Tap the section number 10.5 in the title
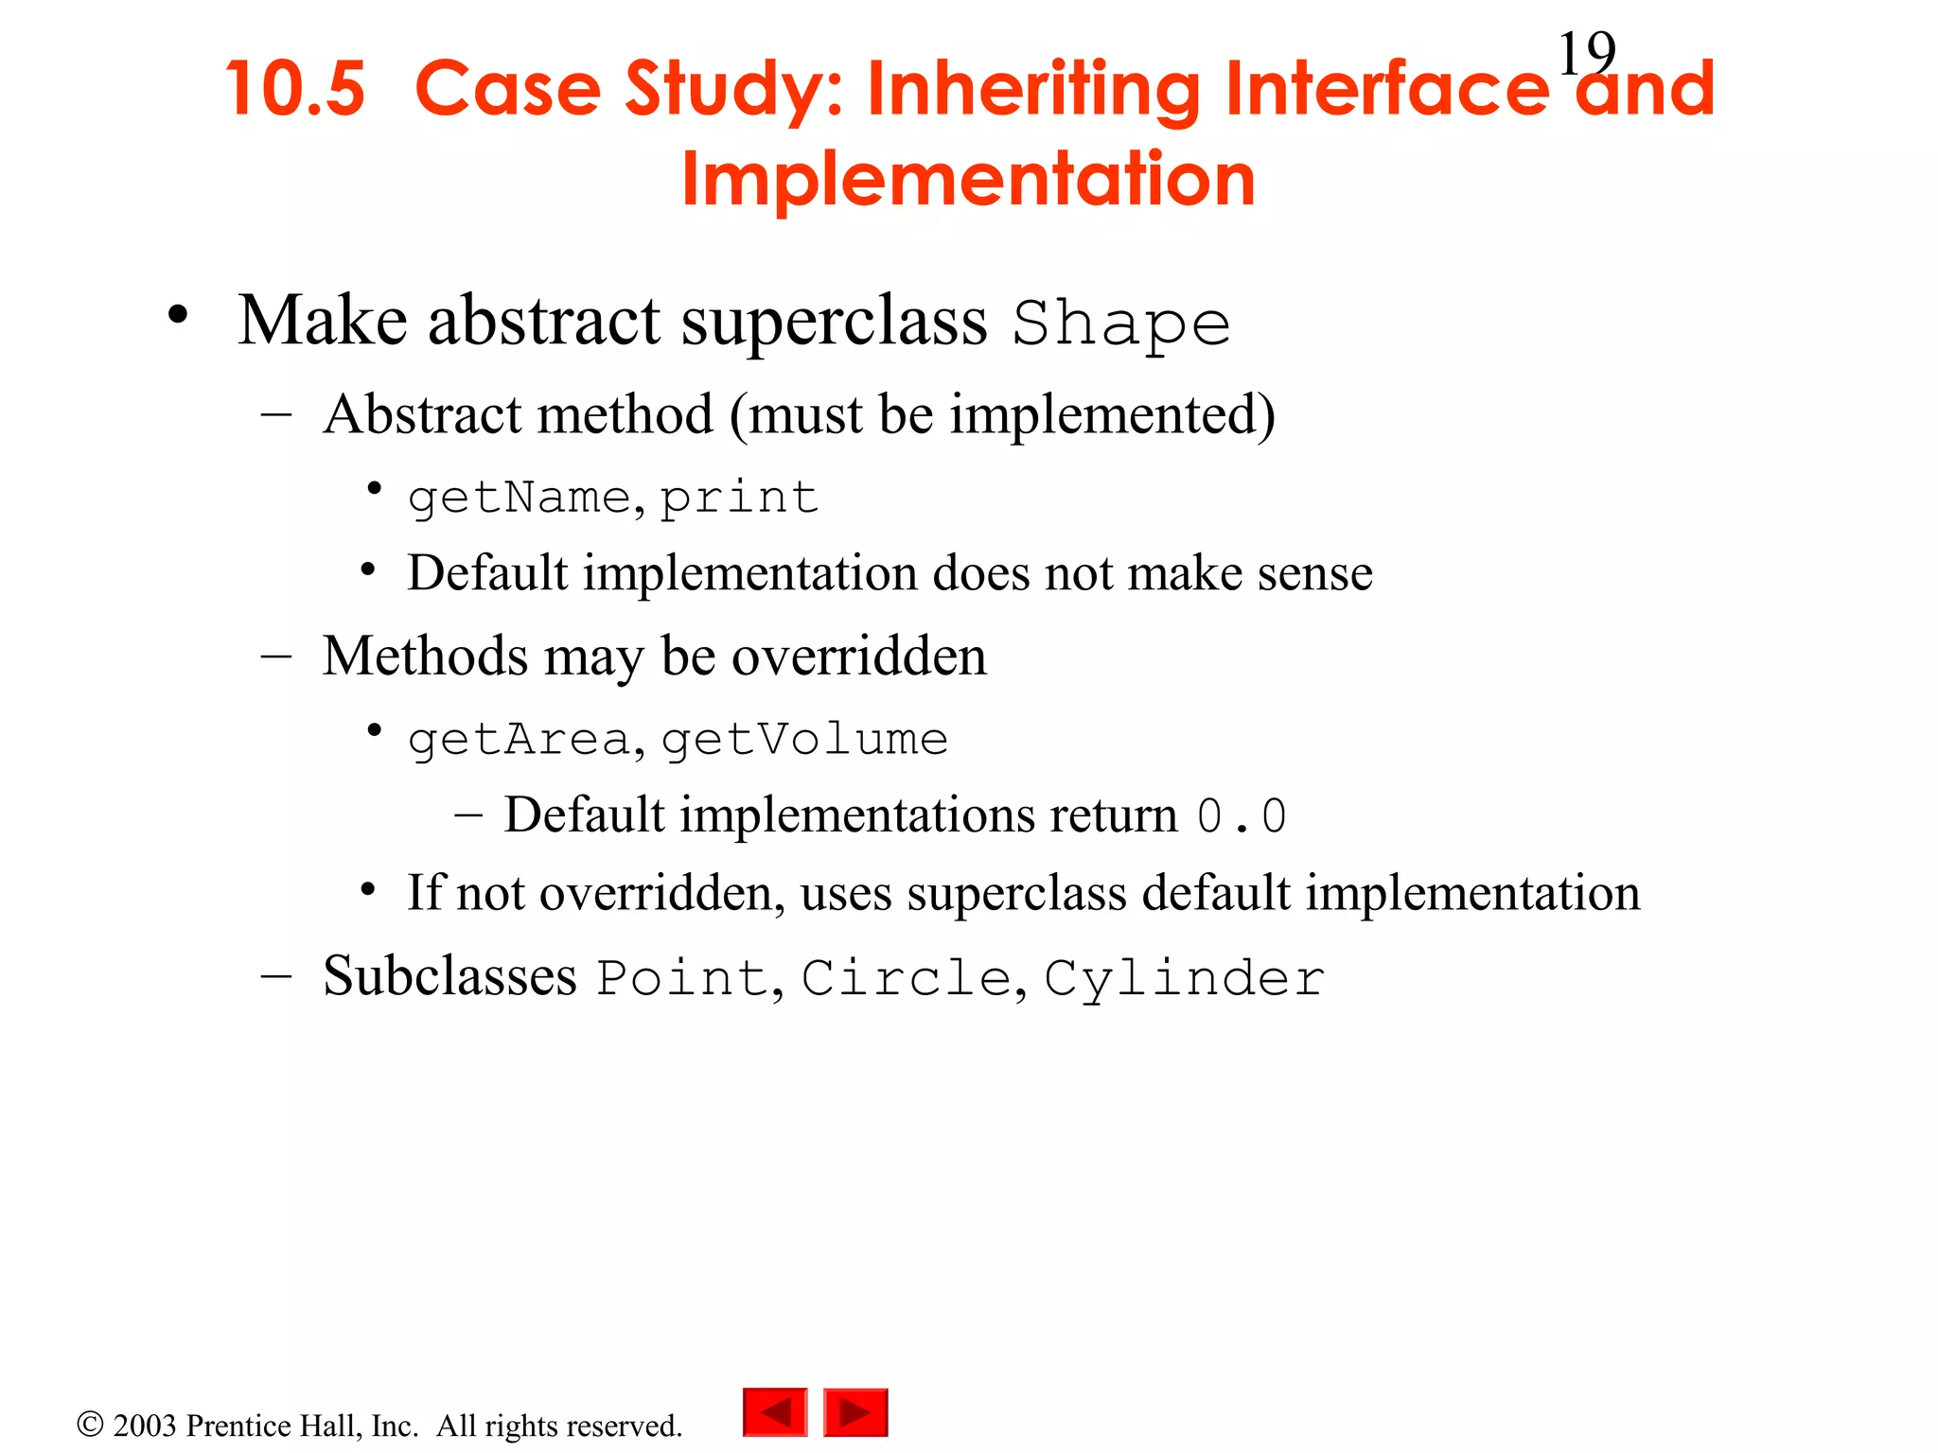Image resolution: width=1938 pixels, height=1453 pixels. (x=295, y=89)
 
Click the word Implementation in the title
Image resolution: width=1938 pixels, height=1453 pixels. (x=968, y=179)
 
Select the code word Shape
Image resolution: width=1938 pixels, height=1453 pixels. (x=1121, y=324)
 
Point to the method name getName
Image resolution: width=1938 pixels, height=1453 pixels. (x=519, y=499)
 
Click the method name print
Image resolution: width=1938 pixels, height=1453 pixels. (x=738, y=498)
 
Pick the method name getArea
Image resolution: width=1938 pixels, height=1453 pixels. (x=519, y=740)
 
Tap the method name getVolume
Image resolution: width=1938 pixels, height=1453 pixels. (x=804, y=740)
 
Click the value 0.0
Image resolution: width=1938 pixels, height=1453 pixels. (x=1241, y=816)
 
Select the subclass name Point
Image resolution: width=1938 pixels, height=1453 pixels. (x=682, y=978)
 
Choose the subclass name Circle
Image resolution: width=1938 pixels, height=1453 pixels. (x=907, y=978)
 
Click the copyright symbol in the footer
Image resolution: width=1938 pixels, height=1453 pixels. (x=90, y=1424)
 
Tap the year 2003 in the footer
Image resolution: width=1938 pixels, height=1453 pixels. (x=145, y=1426)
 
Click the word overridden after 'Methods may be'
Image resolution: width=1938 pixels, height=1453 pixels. (x=858, y=656)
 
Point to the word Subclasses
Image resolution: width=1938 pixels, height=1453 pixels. (x=449, y=976)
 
